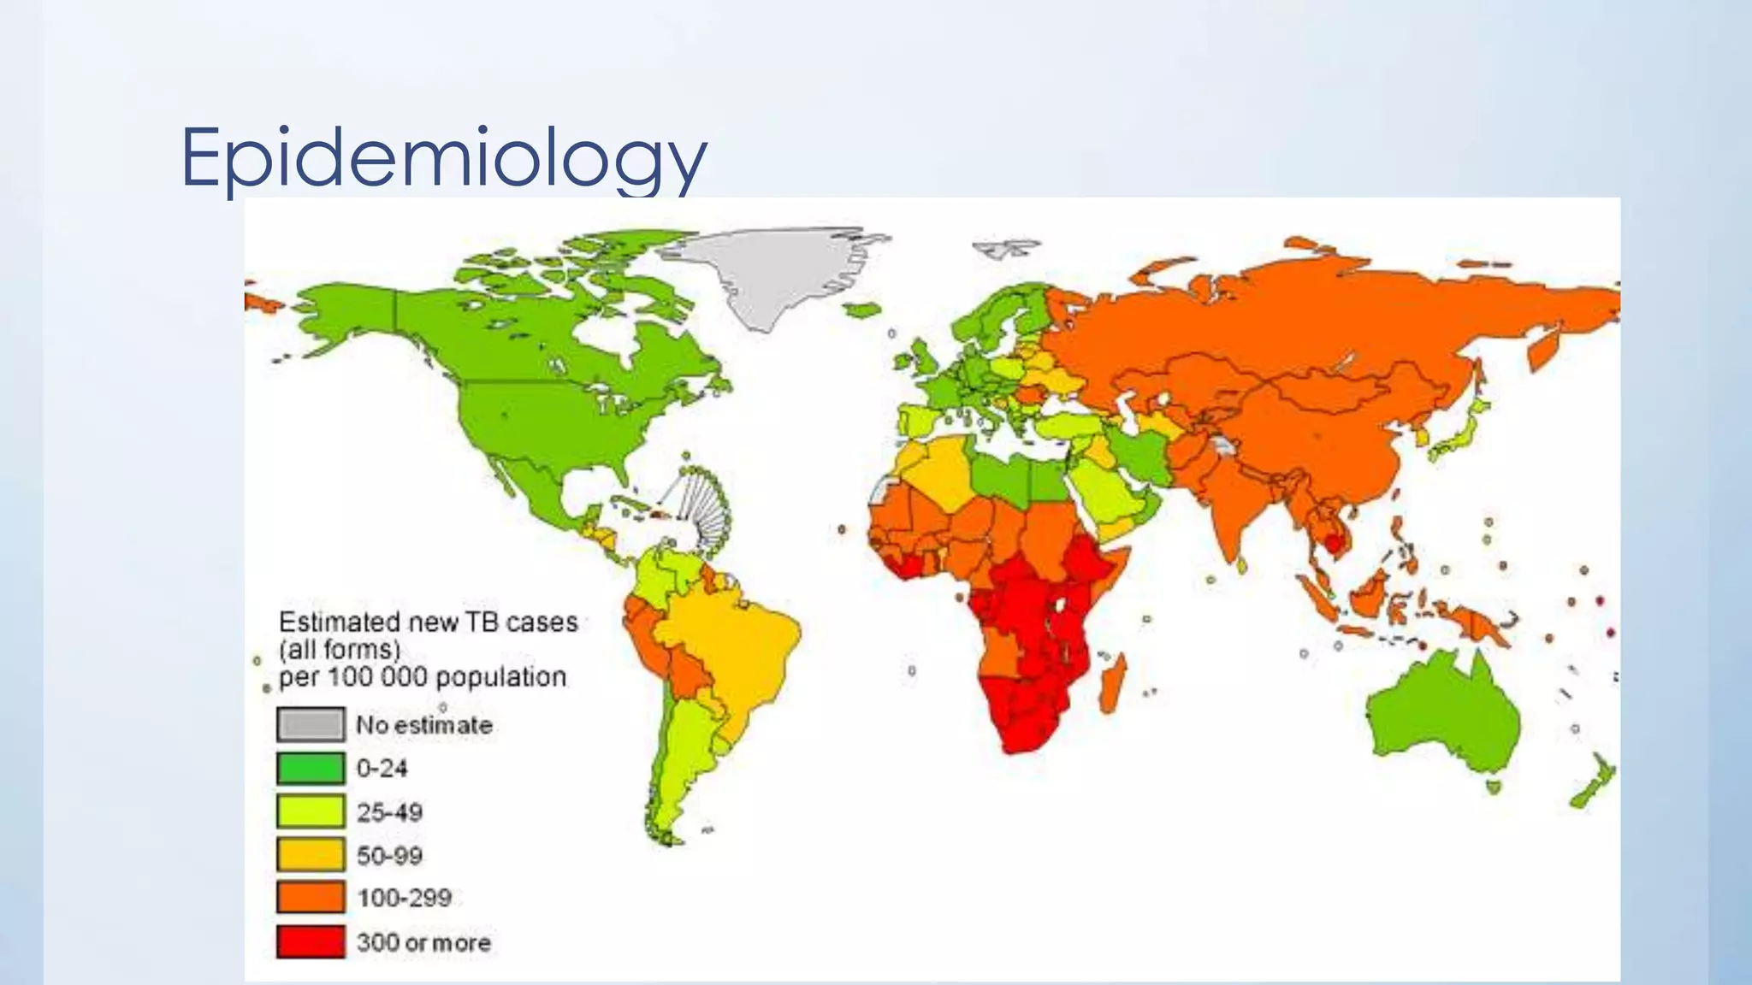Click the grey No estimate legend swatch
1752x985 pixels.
pos(311,724)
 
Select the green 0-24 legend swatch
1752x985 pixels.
pos(311,768)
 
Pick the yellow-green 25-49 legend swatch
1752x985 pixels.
pos(311,811)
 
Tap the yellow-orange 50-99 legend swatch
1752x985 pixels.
pos(311,855)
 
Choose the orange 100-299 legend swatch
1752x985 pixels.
pos(311,898)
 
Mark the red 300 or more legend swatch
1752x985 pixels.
pos(311,942)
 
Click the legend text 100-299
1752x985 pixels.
pos(404,898)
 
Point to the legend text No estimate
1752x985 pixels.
pos(424,725)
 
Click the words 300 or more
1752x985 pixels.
pos(424,942)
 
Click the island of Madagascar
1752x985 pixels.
pos(1113,684)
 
